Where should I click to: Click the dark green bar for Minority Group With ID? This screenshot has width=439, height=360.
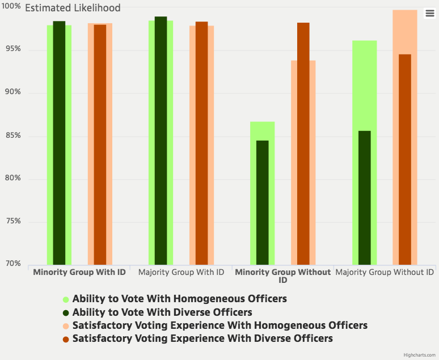pyautogui.click(x=59, y=142)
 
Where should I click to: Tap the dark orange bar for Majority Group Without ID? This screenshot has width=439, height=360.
pyautogui.click(x=405, y=159)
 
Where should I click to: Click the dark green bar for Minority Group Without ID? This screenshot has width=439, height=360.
pyautogui.click(x=263, y=202)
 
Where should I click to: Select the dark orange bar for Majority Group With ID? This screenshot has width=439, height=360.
pyautogui.click(x=201, y=142)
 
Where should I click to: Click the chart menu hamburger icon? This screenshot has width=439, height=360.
pyautogui.click(x=429, y=14)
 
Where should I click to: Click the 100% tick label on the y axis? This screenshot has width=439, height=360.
pyautogui.click(x=11, y=7)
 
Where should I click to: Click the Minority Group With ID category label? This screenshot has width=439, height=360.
pyautogui.click(x=79, y=272)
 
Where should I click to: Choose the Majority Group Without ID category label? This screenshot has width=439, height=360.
pyautogui.click(x=385, y=272)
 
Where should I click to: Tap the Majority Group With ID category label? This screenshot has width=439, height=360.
pyautogui.click(x=181, y=272)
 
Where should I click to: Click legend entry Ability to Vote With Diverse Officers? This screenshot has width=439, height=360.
pyautogui.click(x=162, y=312)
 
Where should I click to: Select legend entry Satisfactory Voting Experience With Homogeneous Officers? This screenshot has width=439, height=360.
pyautogui.click(x=220, y=325)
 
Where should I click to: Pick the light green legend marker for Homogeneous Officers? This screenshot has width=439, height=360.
pyautogui.click(x=66, y=299)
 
